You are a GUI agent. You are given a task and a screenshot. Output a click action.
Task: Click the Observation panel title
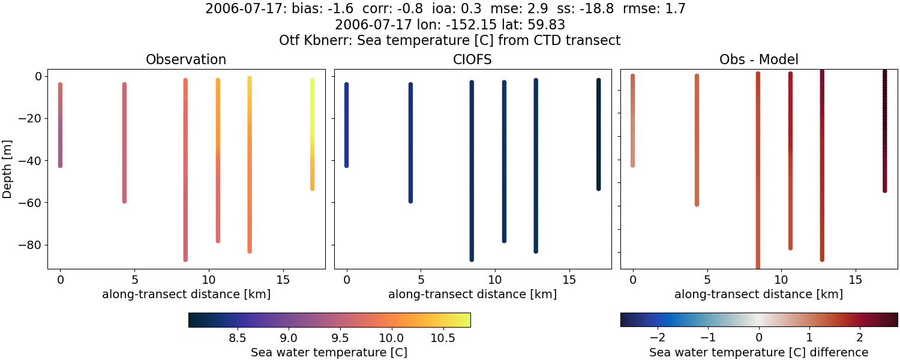pyautogui.click(x=186, y=60)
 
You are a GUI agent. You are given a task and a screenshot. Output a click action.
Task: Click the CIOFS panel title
pyautogui.click(x=472, y=60)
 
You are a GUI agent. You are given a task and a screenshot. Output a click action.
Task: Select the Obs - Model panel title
pyautogui.click(x=758, y=60)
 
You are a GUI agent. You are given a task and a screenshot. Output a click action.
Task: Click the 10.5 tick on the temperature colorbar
pyautogui.click(x=442, y=338)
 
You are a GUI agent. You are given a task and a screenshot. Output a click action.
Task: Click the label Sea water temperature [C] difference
pyautogui.click(x=758, y=352)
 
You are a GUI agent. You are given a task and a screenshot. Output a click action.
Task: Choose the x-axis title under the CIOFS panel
pyautogui.click(x=472, y=295)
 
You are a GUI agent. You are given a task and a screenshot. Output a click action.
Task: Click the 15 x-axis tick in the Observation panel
pyautogui.click(x=283, y=280)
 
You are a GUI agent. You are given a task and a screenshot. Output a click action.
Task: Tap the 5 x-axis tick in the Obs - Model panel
pyautogui.click(x=707, y=280)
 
